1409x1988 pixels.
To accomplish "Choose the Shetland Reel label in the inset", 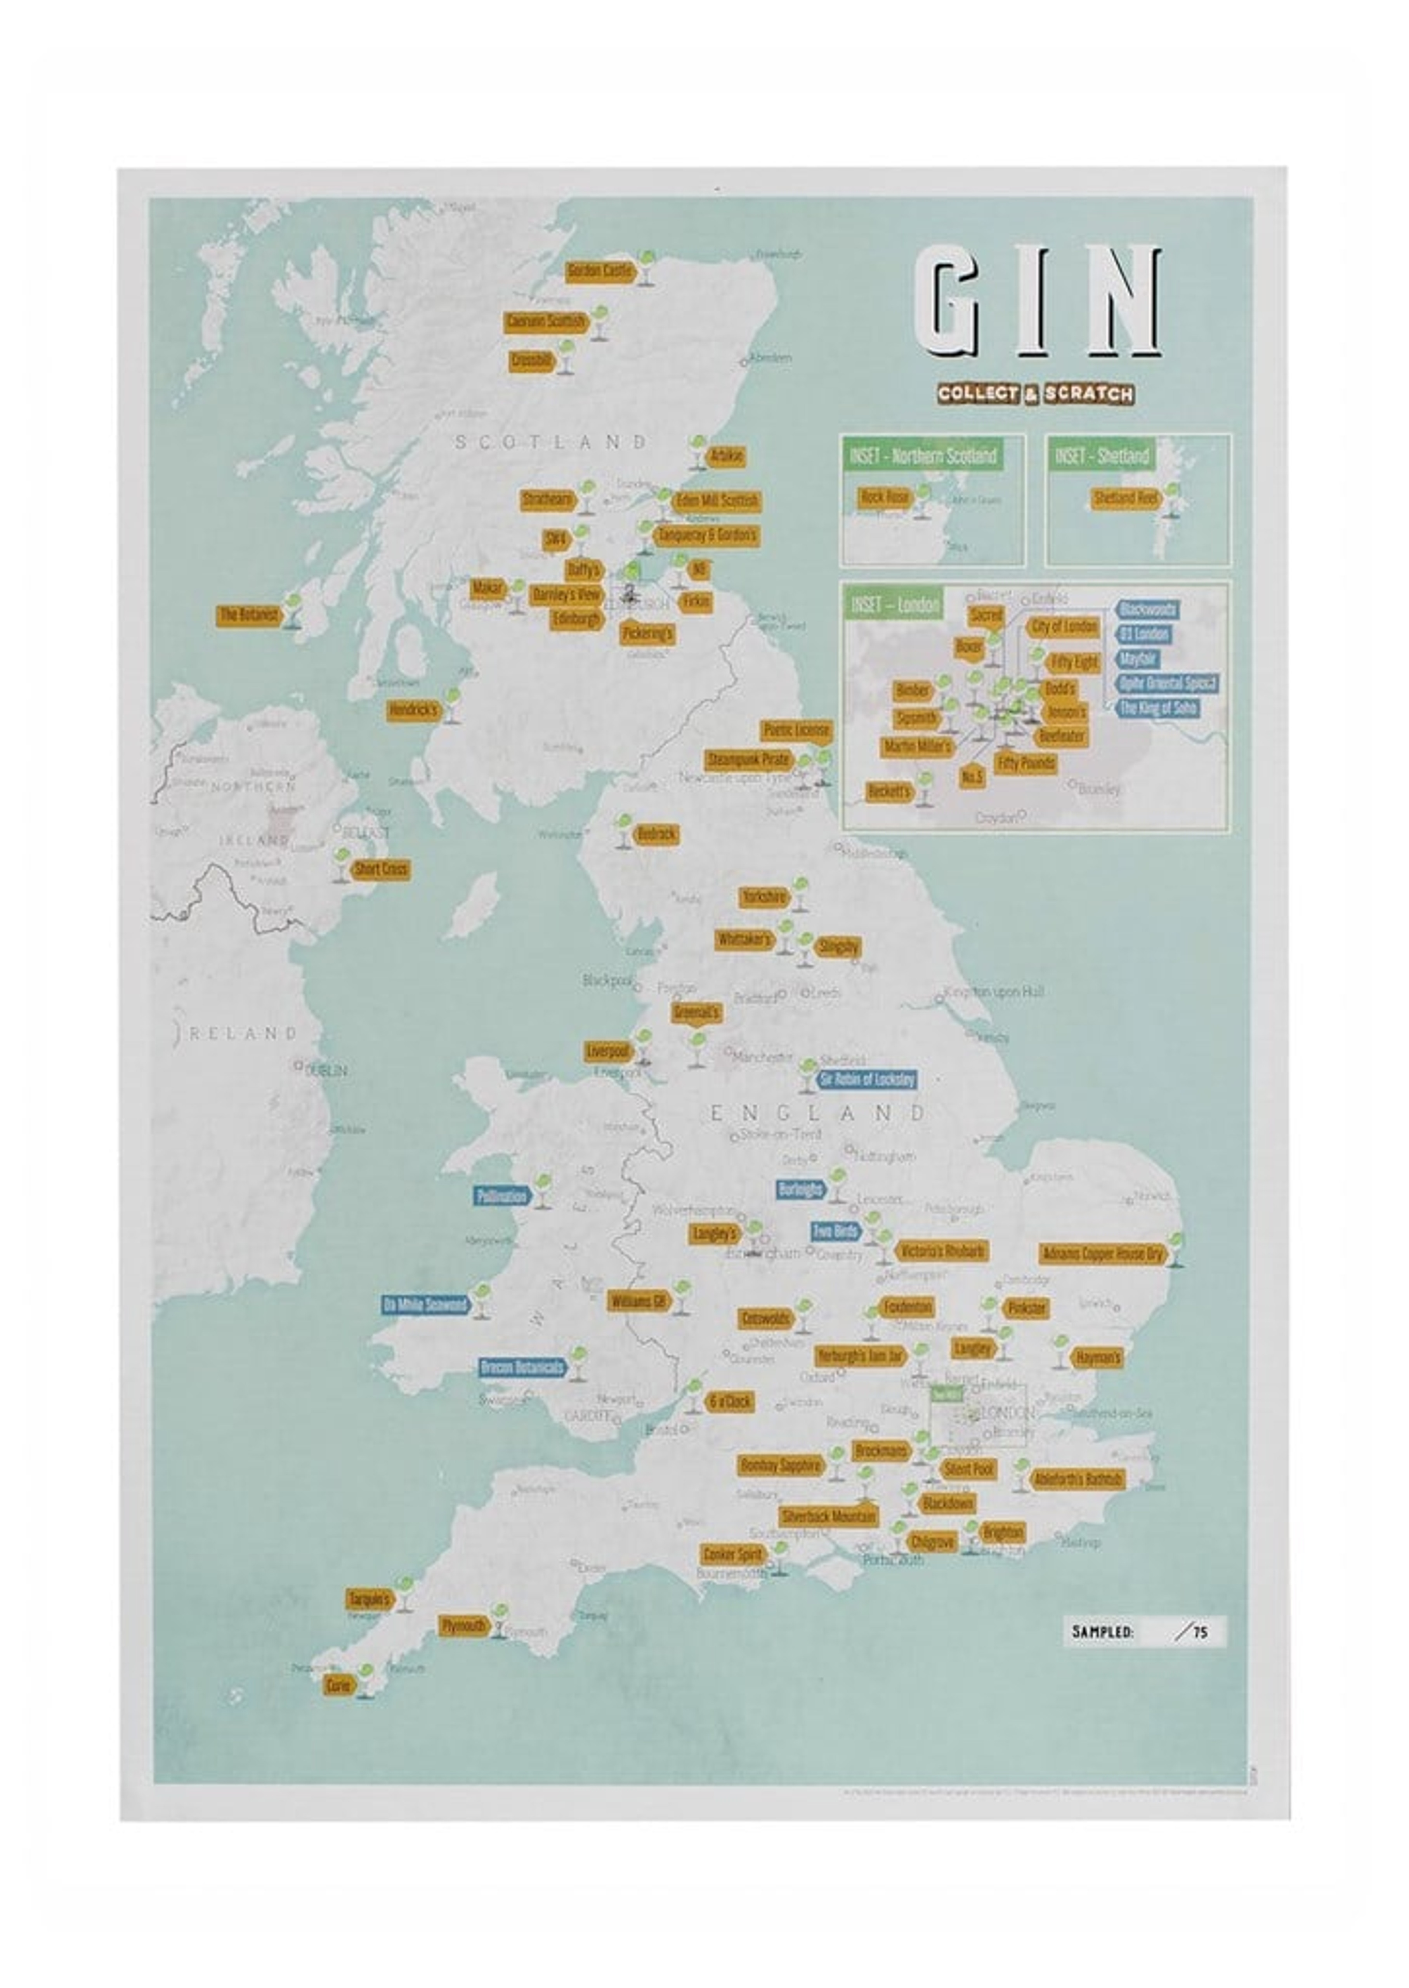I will pyautogui.click(x=1125, y=498).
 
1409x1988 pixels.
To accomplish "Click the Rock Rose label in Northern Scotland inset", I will pyautogui.click(x=884, y=497).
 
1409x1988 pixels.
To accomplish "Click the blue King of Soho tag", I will pyautogui.click(x=1158, y=708).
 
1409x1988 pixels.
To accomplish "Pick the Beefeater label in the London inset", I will pyautogui.click(x=1061, y=736).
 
